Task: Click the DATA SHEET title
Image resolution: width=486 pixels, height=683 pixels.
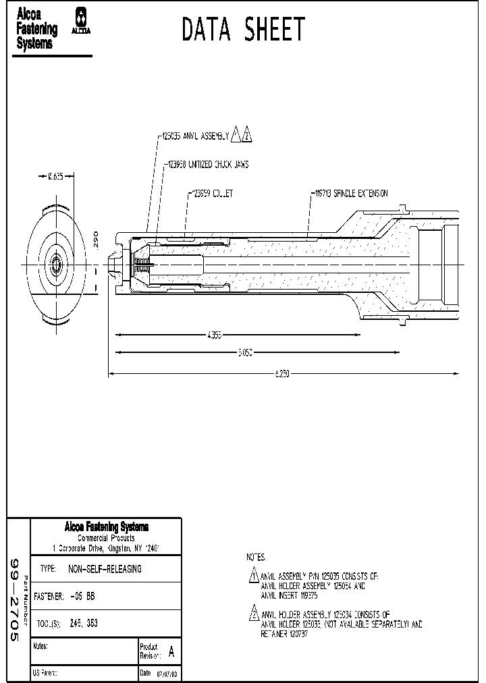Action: coord(243,30)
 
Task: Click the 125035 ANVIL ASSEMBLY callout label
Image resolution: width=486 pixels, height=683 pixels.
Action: coord(194,136)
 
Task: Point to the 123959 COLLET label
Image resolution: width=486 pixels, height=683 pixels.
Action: coord(211,194)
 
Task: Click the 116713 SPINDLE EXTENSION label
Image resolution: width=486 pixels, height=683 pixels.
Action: coord(350,193)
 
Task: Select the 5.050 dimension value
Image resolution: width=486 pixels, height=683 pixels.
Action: coord(244,352)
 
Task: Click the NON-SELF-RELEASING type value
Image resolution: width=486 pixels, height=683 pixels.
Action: coord(105,569)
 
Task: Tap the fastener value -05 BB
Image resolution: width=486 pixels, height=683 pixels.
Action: coord(82,597)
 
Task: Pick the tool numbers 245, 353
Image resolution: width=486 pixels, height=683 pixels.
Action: coord(84,624)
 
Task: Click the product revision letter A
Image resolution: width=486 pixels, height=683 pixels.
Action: coord(171,652)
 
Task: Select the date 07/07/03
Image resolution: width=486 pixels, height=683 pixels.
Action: coord(167,674)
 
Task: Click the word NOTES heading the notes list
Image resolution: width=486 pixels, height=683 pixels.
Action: coord(256,558)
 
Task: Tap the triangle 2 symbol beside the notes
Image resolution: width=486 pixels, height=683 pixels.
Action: coord(254,615)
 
